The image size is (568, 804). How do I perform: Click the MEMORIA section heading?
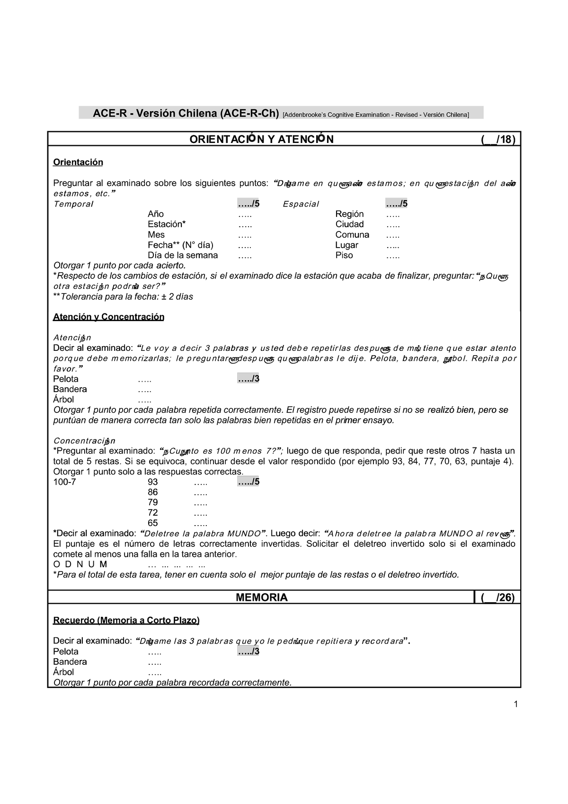tap(261, 598)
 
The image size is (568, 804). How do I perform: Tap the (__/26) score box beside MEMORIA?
tap(497, 598)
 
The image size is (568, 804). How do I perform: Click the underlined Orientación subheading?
tap(78, 162)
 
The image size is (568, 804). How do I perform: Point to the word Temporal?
tap(73, 204)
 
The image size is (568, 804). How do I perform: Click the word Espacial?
tap(301, 204)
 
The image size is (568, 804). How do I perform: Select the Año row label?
tap(156, 214)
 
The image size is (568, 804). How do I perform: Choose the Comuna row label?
tap(352, 235)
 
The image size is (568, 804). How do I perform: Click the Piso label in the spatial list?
tap(344, 255)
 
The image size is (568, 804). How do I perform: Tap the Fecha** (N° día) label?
tap(180, 245)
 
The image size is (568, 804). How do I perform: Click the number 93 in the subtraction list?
tap(153, 482)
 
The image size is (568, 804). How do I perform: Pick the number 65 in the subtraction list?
tap(153, 523)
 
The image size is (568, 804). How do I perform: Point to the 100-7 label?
tap(64, 482)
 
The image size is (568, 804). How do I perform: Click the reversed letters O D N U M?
tap(80, 564)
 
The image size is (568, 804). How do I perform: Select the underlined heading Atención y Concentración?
tap(108, 317)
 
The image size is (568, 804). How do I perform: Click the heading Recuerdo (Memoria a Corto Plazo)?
tap(126, 620)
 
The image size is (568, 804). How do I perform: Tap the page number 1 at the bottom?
tap(516, 704)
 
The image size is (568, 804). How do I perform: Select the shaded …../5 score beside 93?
tap(248, 482)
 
